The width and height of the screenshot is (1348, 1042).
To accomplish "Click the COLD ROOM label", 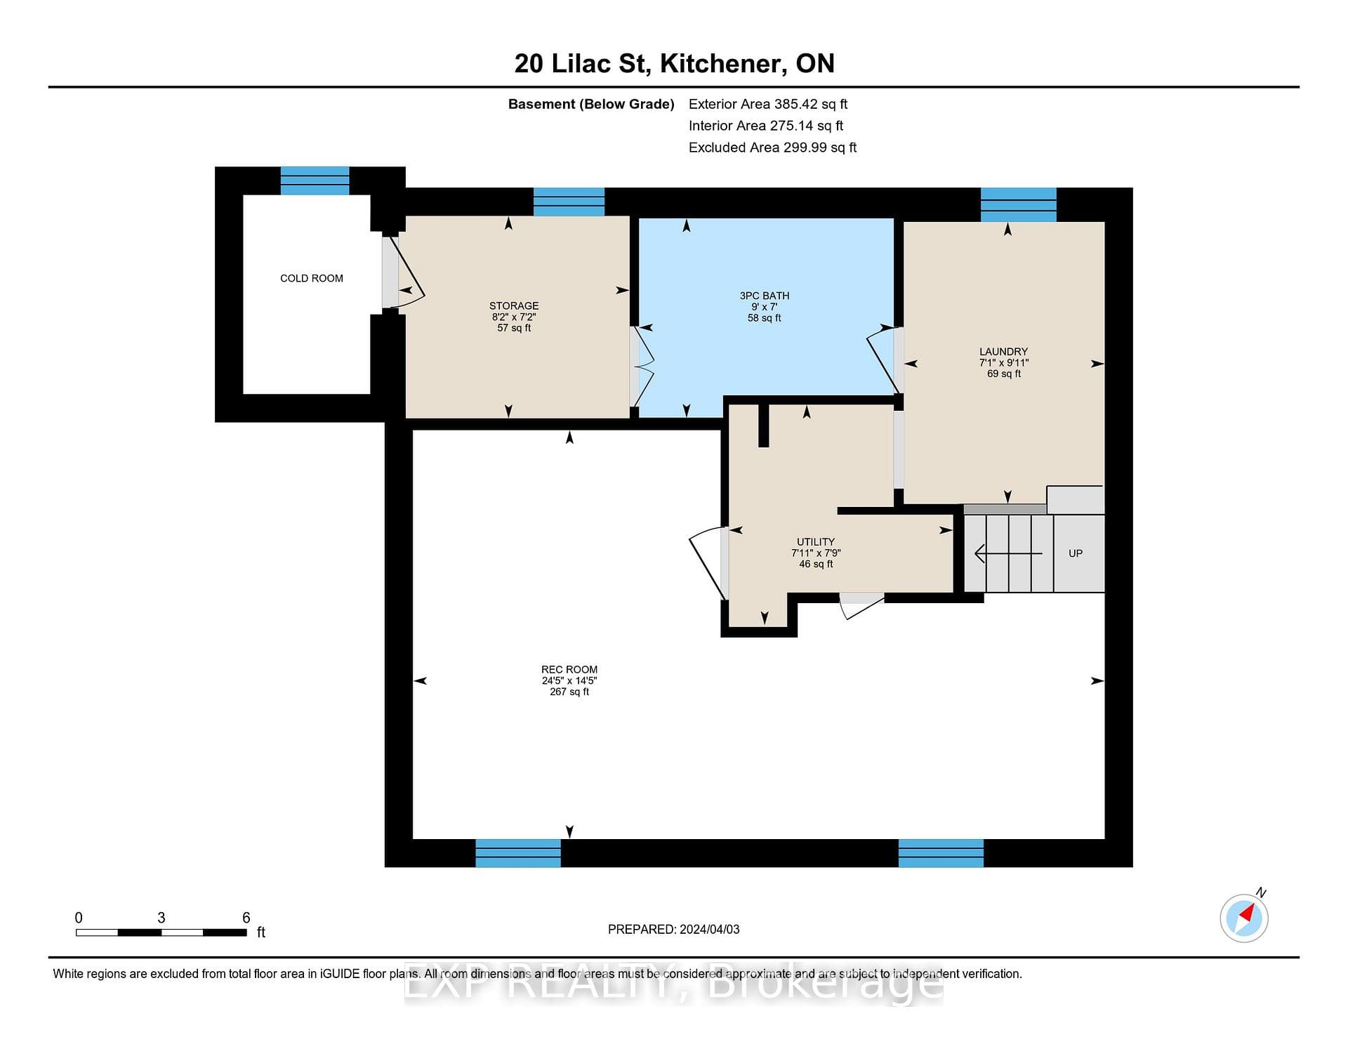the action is coord(312,278).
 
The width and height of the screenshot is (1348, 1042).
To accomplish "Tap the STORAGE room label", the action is coord(514,306).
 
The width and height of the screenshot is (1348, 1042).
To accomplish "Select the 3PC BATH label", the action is coord(765,296).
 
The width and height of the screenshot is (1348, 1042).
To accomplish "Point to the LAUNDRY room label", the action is coord(1004,352).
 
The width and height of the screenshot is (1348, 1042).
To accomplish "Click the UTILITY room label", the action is coord(816,542).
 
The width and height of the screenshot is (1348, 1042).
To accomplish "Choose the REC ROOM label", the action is coord(569,670).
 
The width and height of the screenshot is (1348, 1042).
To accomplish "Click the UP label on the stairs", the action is coord(1076,553).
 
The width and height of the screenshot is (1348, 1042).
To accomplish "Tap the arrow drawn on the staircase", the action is coord(1008,553).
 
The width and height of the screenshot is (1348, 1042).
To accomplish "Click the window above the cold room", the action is coord(315,180).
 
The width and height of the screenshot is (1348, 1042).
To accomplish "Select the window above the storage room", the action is coord(569,202).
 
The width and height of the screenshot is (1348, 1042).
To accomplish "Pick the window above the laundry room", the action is coord(1019,204).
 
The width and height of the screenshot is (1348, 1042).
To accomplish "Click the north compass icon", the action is coord(1245,916).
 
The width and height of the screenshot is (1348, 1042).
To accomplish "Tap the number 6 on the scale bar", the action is coord(246,918).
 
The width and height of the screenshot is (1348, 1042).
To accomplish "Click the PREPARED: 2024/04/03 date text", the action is coord(673,929).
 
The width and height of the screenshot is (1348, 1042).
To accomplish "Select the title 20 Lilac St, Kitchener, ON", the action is coord(674,63).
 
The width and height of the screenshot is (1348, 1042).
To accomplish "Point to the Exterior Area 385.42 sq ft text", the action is coord(768,104).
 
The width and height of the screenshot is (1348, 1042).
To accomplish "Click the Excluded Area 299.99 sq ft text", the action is coord(772,147).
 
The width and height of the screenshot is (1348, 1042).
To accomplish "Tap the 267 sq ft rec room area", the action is coord(569,692).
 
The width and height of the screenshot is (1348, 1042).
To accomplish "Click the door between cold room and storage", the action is coord(403,272).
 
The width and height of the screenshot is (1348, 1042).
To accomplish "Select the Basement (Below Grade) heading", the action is coord(591,104).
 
